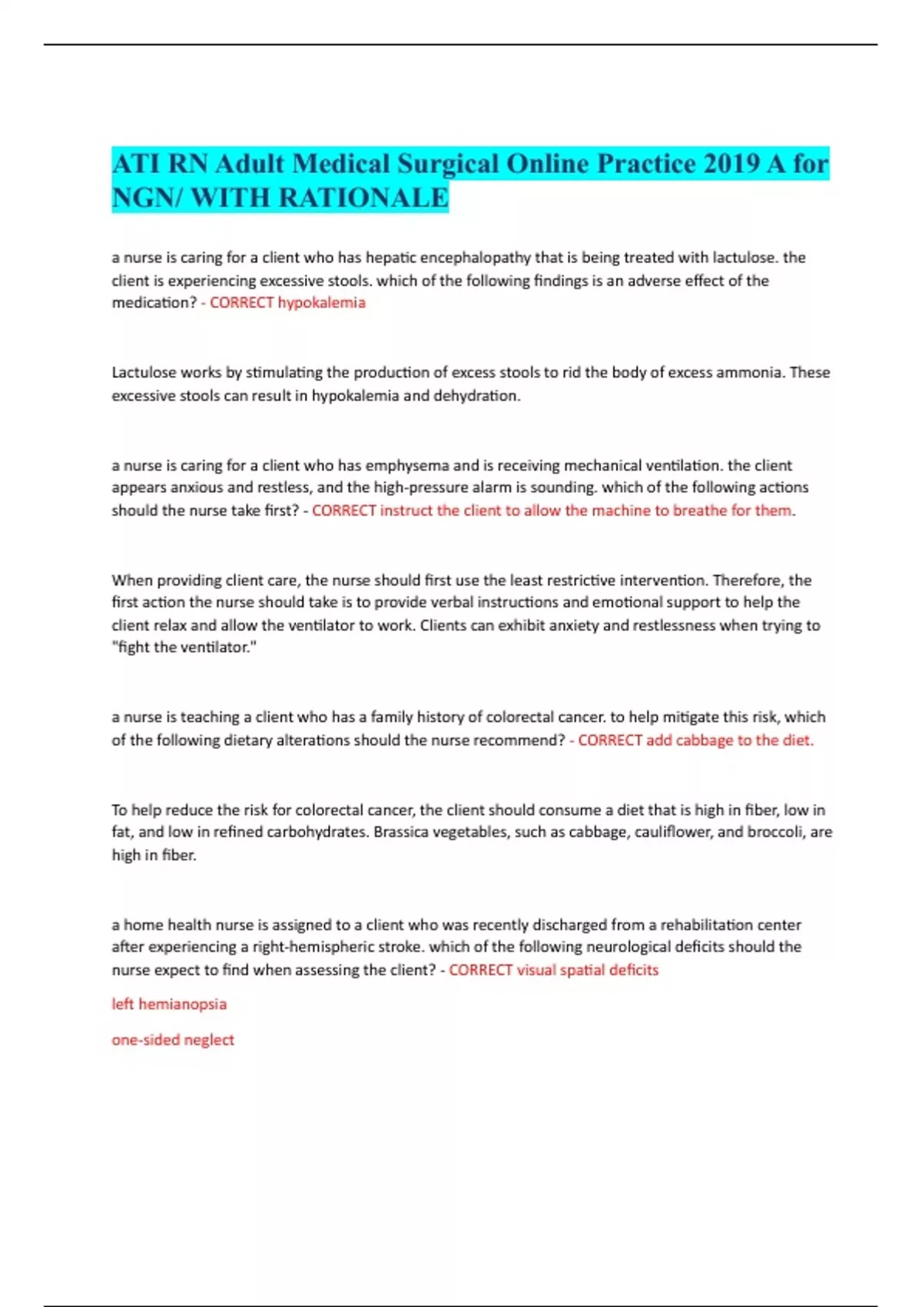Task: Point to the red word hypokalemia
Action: pyautogui.click(x=321, y=303)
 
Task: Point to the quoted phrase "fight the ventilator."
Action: pyautogui.click(x=184, y=647)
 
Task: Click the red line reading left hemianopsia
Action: pyautogui.click(x=169, y=1004)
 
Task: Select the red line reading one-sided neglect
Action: pyautogui.click(x=173, y=1039)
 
